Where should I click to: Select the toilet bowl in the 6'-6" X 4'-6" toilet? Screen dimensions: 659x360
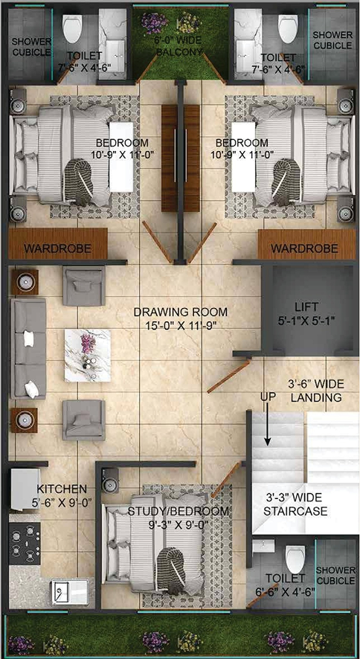tap(294, 557)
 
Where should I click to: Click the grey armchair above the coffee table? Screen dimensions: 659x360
tap(83, 286)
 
